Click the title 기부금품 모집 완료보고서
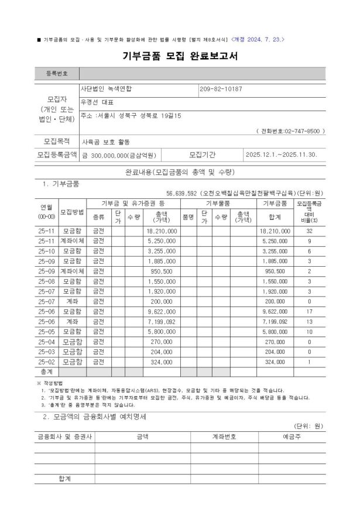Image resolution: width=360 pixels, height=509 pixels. click(x=180, y=56)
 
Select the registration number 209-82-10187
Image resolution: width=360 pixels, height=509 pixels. click(x=221, y=90)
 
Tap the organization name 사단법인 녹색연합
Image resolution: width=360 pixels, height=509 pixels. click(x=107, y=90)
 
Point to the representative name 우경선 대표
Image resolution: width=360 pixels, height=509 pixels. click(x=98, y=102)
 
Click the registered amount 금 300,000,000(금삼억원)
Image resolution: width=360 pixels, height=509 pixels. click(x=119, y=155)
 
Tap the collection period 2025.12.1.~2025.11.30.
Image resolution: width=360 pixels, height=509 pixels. click(x=282, y=155)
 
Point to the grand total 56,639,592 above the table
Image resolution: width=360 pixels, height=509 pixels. click(x=186, y=192)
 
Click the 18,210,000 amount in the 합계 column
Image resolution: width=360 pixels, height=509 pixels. click(x=275, y=232)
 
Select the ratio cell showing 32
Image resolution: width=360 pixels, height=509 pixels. click(x=309, y=232)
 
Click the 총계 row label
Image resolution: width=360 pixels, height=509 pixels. click(x=46, y=372)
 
